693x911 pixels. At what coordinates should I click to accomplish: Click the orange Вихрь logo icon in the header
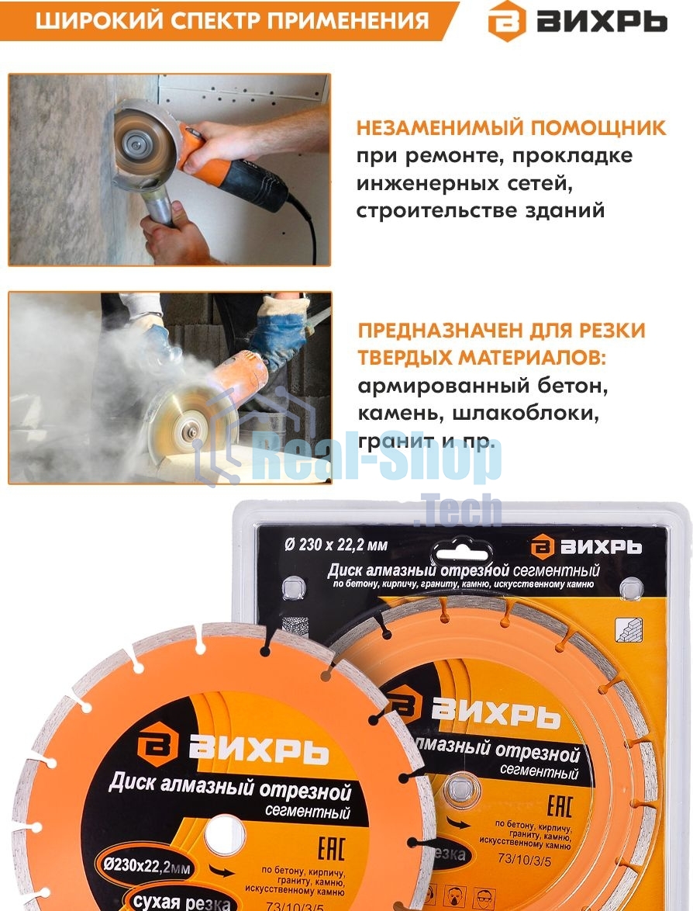coord(506,21)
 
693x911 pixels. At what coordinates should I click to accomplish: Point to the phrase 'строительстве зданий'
coord(480,210)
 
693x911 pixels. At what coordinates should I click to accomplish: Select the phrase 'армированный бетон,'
coord(481,385)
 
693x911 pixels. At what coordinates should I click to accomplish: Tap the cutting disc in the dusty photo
coord(186,423)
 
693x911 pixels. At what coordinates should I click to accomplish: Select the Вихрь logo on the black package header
coord(586,546)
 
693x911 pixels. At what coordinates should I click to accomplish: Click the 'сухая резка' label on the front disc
coord(181,900)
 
